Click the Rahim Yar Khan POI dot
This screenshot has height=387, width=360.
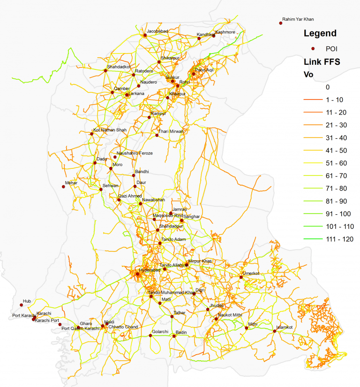(281, 23)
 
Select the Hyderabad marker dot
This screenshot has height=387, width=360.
(138, 274)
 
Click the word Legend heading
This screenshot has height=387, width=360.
(320, 33)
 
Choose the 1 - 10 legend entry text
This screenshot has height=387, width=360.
(334, 100)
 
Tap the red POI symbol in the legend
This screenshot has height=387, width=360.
(313, 48)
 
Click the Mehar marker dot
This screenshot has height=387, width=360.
(63, 187)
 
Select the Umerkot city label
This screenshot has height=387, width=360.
(251, 273)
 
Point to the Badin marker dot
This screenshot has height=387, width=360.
(174, 336)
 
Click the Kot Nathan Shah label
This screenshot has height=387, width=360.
(110, 130)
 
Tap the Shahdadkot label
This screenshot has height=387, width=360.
(119, 67)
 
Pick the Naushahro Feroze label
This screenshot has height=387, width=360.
(135, 153)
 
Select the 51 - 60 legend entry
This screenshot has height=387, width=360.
(336, 163)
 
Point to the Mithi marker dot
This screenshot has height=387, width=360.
(246, 328)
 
